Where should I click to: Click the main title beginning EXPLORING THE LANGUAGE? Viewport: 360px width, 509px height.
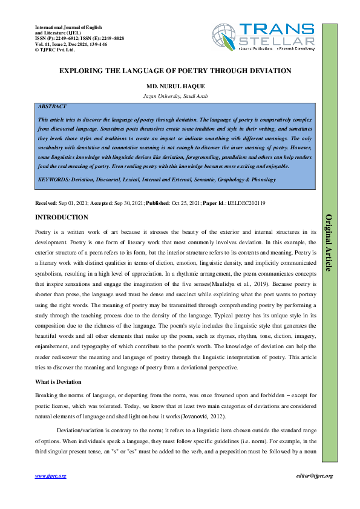175,71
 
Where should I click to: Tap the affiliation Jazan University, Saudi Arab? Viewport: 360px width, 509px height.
175,96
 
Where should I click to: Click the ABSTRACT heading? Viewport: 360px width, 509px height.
52,106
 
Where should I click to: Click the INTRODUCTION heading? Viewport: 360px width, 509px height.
62,218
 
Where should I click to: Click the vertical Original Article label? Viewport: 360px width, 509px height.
329,242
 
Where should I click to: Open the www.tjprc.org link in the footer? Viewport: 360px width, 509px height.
50,476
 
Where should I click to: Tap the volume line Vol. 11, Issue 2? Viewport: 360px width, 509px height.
71,44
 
